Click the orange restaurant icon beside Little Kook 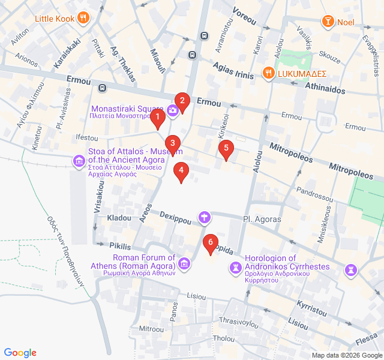click(x=83, y=18)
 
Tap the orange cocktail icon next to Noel click(x=328, y=22)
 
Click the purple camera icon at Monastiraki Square click(x=173, y=110)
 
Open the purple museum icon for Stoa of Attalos click(x=79, y=161)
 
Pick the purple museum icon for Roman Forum click(x=184, y=263)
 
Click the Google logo click(x=20, y=353)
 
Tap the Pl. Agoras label click(x=262, y=220)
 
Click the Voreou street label click(x=244, y=17)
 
